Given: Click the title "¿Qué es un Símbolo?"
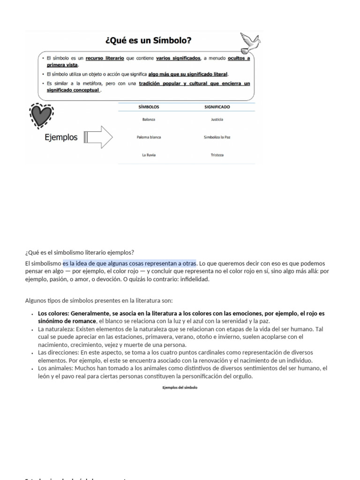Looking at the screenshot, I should click(x=143, y=41).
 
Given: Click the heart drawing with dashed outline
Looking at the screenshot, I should click(x=41, y=115).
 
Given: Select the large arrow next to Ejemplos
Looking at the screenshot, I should click(x=98, y=137).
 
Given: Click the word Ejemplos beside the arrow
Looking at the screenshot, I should click(x=61, y=138).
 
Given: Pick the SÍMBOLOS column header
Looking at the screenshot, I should click(x=149, y=107).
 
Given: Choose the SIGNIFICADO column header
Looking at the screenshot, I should click(x=217, y=107).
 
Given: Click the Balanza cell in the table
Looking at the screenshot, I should click(x=149, y=120).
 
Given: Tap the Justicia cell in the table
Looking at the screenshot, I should click(x=217, y=120).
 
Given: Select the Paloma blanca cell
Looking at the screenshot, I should click(x=149, y=137).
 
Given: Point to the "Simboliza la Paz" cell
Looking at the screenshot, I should click(x=217, y=137).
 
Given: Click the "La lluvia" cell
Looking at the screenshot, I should click(x=149, y=155).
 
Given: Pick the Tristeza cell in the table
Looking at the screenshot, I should click(x=217, y=155).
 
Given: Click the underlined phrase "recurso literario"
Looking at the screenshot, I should click(x=105, y=58).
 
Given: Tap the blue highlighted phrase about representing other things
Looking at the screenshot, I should click(x=129, y=263).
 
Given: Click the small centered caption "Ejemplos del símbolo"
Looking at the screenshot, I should click(x=180, y=387).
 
